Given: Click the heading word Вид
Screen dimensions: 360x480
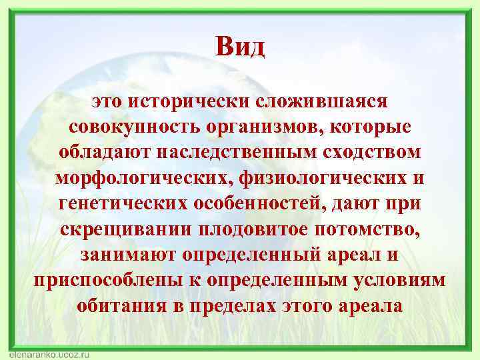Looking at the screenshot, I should point(240,47).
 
